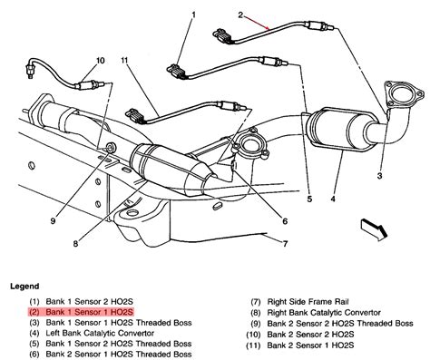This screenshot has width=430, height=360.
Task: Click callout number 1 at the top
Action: coord(193,16)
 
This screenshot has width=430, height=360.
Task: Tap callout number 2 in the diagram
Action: coord(240,16)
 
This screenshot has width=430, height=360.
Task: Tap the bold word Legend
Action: coord(25,285)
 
